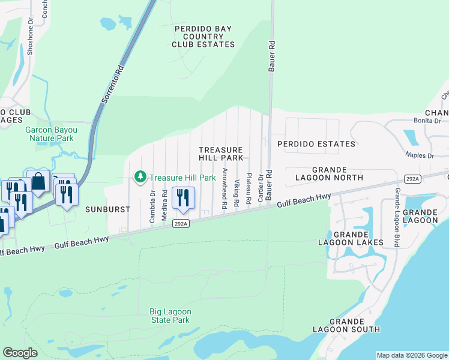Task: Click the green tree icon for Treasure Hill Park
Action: coord(140,177)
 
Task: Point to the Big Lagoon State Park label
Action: coord(170,316)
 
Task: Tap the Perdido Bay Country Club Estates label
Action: coord(203,37)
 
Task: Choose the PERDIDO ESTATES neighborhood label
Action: coord(316,144)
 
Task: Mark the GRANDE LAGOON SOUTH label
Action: coord(346,325)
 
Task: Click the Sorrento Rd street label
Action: coord(112,85)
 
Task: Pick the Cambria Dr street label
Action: coord(152,206)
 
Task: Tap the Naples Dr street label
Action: coord(420,155)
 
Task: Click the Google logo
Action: coord(20,353)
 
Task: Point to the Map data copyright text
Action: coord(412,355)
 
